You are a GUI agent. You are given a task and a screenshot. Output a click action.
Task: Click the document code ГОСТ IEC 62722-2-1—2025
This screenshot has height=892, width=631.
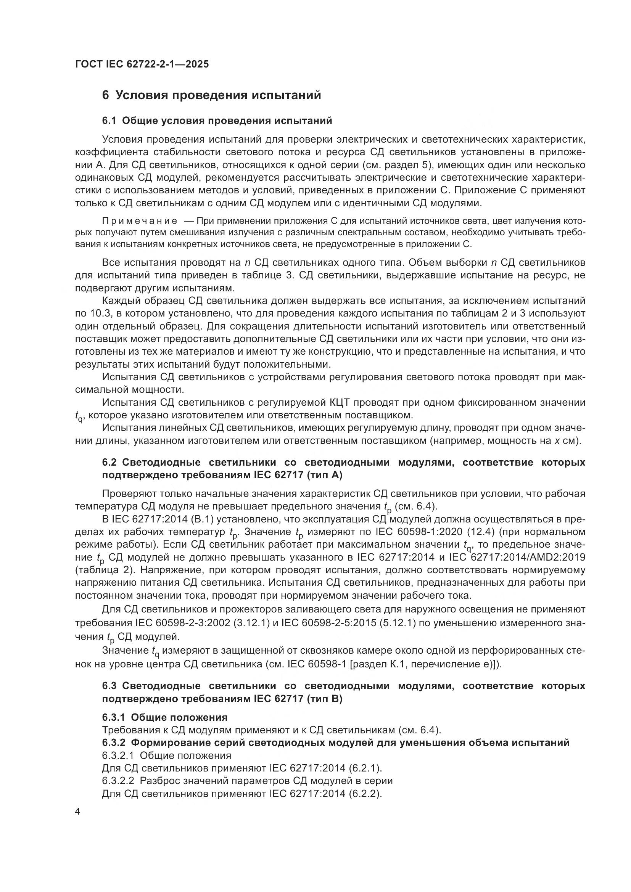142,64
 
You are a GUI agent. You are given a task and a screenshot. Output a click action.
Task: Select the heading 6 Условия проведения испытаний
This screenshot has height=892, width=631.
211,95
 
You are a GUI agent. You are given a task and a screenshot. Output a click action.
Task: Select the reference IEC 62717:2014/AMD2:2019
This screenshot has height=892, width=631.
517,557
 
